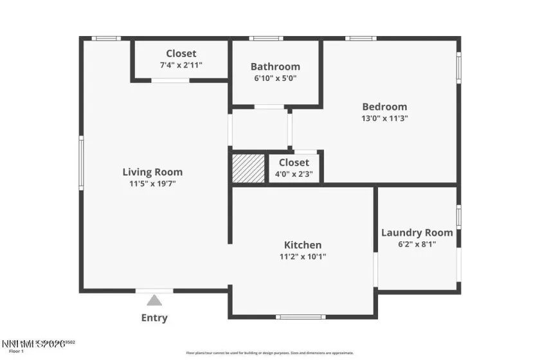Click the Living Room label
pos(152,172)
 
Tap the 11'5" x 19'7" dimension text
pos(152,183)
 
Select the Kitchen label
pos(303,245)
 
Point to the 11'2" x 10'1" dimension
pos(303,256)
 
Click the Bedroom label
pos(384,107)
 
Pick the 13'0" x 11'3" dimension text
pos(384,118)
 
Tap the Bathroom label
pos(275,66)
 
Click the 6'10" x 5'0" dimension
pos(275,78)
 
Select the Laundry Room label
pos(417,233)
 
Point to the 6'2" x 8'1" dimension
pos(417,244)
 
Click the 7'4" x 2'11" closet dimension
pos(181,65)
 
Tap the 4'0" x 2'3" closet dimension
pos(294,174)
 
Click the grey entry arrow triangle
pos(154,300)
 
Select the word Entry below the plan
pos(154,318)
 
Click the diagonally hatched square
pos(248,168)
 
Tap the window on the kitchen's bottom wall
pos(301,316)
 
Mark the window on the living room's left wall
pos(81,163)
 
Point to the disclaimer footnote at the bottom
pos(270,353)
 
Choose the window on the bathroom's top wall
pos(266,39)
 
